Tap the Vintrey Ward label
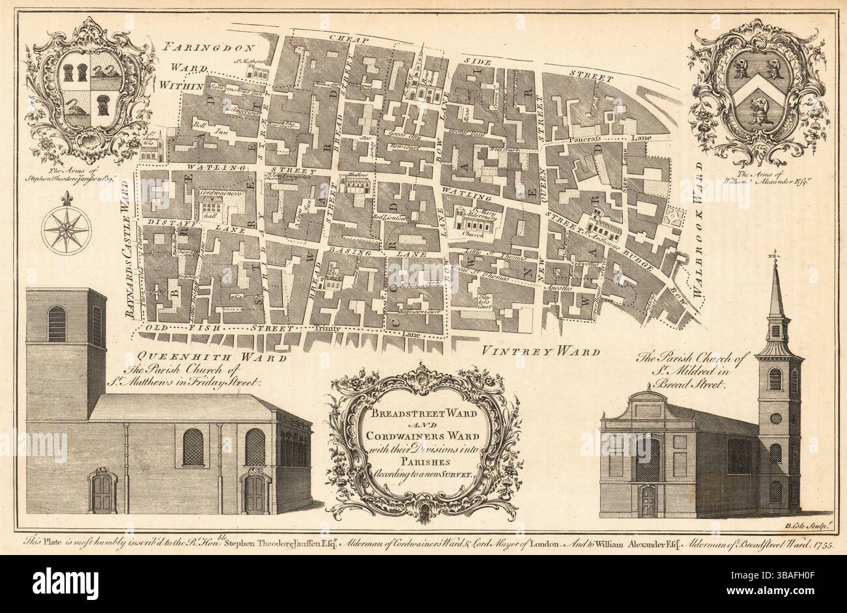click(x=540, y=352)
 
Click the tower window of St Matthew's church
click(x=57, y=324)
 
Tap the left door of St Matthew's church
click(x=102, y=492)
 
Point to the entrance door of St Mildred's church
click(x=649, y=500)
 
